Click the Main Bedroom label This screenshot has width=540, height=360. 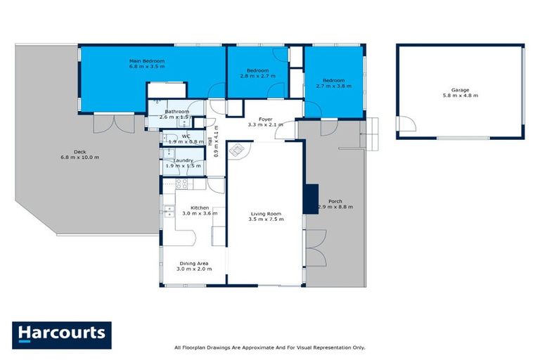[146, 61]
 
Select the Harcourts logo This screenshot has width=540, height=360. [61, 335]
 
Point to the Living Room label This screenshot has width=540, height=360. [265, 213]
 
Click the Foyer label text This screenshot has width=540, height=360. [265, 119]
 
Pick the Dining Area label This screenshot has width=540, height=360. [193, 264]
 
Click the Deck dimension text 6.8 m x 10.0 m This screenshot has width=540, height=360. [79, 157]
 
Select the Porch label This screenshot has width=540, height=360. [335, 201]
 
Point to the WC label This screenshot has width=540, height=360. [186, 136]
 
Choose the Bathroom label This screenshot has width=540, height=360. [176, 111]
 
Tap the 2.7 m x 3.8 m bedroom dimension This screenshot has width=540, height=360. [333, 86]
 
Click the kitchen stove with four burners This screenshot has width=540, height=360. [181, 184]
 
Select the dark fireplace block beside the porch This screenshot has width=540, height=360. [310, 198]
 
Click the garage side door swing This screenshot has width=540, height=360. [405, 124]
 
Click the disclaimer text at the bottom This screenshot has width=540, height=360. [269, 347]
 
